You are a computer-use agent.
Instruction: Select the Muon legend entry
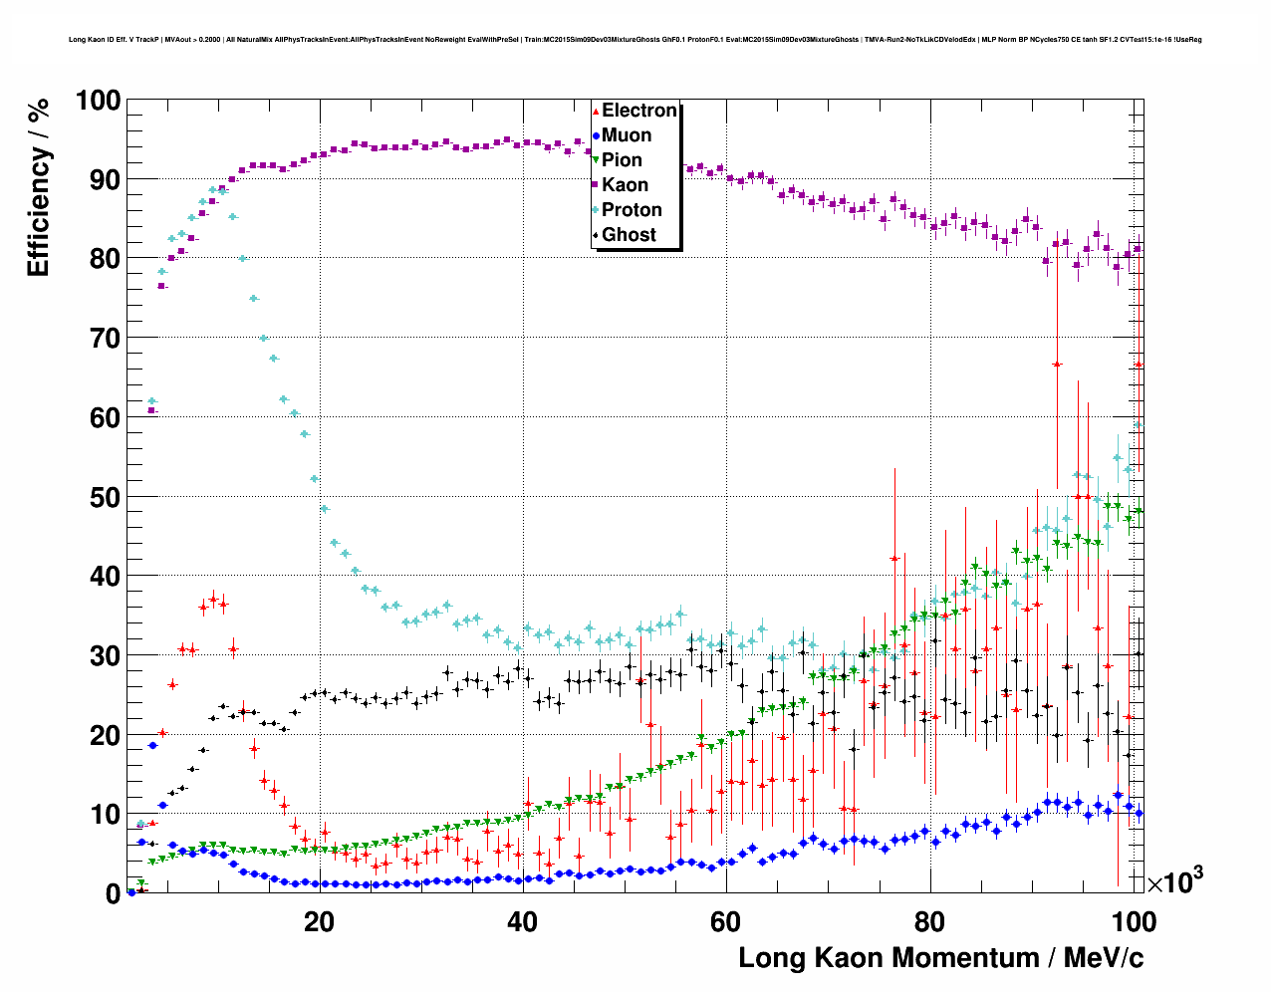(x=626, y=135)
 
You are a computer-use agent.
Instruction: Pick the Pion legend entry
(x=622, y=160)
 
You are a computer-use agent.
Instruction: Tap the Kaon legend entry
(x=625, y=185)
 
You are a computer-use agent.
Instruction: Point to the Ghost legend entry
(x=629, y=235)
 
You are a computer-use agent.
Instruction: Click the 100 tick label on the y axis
(x=98, y=101)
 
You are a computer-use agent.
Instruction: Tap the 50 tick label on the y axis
(x=105, y=497)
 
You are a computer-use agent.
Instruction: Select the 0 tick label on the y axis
(x=113, y=894)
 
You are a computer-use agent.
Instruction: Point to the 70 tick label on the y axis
(x=105, y=339)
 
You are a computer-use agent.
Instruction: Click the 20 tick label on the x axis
(x=319, y=921)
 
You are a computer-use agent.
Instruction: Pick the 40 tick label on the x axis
(x=522, y=921)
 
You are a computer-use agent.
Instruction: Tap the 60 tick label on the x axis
(x=726, y=921)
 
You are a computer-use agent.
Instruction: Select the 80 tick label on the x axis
(x=929, y=921)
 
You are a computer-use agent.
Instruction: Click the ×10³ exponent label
(x=1174, y=881)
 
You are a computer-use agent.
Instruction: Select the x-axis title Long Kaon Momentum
(x=940, y=958)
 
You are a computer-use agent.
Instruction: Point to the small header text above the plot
(x=635, y=40)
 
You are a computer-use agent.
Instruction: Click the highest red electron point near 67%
(x=1057, y=365)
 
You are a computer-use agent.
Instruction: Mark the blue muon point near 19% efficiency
(x=152, y=745)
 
